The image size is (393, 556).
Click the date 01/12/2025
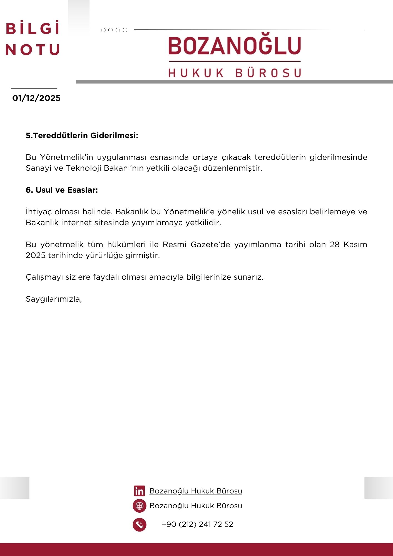click(x=36, y=98)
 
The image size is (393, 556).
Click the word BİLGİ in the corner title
click(x=33, y=28)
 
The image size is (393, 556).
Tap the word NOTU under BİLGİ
click(x=33, y=50)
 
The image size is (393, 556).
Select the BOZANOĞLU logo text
click(x=235, y=46)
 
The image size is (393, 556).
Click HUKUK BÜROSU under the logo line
click(x=235, y=73)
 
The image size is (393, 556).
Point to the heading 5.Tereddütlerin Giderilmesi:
click(x=82, y=136)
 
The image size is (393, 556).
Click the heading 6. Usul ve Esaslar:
click(x=62, y=190)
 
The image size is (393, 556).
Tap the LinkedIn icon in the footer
click(x=139, y=491)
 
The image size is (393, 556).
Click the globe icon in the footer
click(x=140, y=506)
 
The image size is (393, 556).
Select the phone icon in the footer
click(x=140, y=525)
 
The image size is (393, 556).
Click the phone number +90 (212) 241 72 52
click(x=197, y=524)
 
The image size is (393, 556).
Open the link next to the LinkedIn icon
click(x=196, y=491)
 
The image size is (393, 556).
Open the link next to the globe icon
click(x=196, y=506)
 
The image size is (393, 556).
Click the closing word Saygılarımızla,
click(x=54, y=299)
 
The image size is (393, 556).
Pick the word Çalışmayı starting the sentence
click(x=44, y=277)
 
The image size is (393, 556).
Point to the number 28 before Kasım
click(x=335, y=245)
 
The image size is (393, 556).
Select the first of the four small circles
click(x=103, y=30)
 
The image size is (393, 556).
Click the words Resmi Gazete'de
click(x=196, y=245)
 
